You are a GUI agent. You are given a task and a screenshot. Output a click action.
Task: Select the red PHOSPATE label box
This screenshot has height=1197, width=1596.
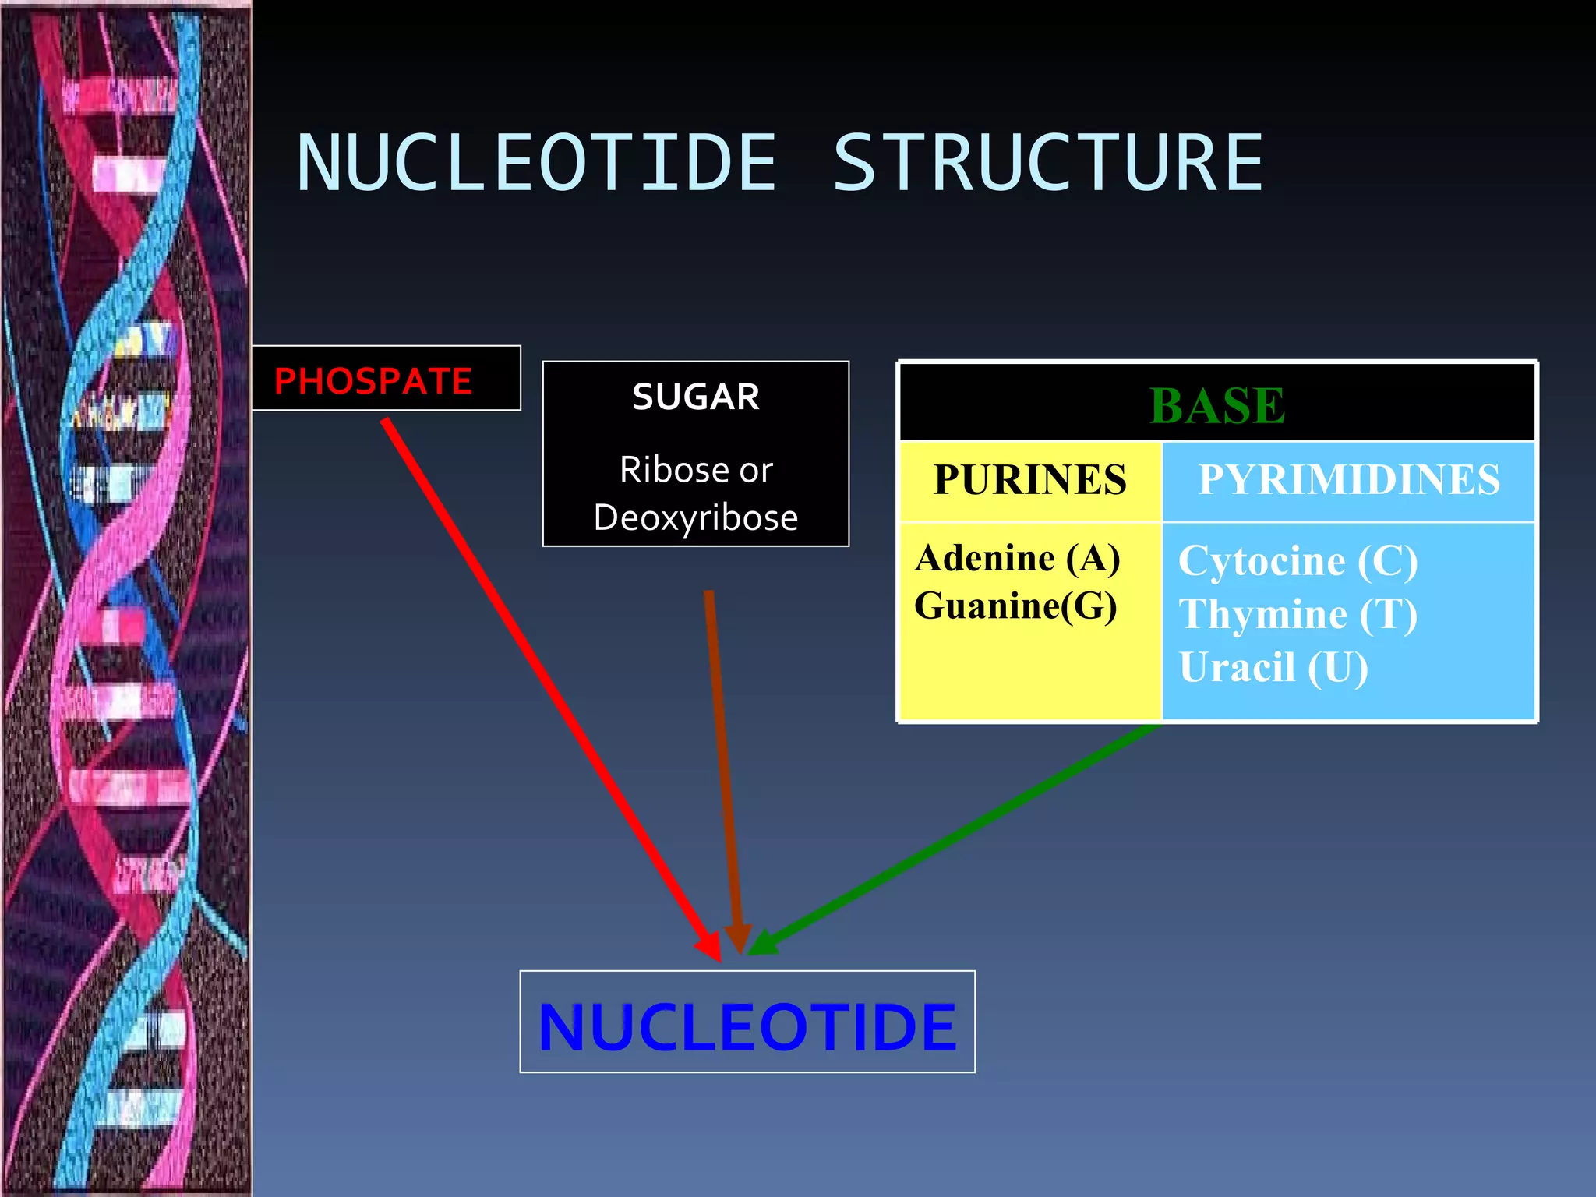[x=386, y=380]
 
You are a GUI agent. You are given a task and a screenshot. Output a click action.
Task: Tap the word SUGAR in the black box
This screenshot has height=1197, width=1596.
[x=695, y=397]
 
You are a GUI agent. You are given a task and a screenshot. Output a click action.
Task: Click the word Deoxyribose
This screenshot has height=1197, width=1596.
[x=695, y=517]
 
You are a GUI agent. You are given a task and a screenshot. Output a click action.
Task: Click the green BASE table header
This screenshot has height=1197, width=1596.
[x=1216, y=405]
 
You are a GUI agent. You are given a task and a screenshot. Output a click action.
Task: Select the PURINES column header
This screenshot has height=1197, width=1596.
[x=1029, y=480]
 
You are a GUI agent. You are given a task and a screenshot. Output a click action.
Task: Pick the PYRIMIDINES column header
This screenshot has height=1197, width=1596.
[x=1349, y=480]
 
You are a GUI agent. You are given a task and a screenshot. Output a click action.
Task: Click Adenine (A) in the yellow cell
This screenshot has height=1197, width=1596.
[x=1018, y=559]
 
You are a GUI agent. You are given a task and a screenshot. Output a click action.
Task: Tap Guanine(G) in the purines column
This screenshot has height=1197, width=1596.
[x=1015, y=606]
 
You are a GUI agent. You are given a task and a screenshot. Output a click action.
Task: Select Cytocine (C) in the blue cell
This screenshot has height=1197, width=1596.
[x=1298, y=561]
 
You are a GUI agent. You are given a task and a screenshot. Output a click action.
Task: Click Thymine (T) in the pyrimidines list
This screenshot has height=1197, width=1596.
[x=1298, y=614]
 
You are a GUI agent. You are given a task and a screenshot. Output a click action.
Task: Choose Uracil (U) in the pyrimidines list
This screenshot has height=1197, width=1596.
[x=1273, y=668]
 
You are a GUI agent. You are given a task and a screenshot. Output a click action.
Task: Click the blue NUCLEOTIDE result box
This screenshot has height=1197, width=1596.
[x=747, y=1022]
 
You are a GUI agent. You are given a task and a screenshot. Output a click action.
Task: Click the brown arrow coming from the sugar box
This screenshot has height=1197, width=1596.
[x=722, y=764]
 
